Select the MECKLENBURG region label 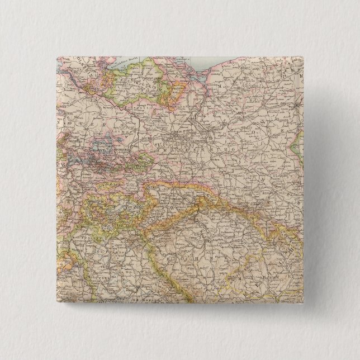129,89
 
